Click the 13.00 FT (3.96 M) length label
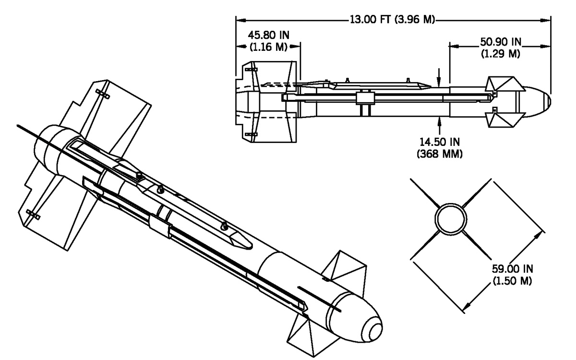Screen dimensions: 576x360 point(392,20)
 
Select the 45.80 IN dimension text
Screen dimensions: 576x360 point(269,35)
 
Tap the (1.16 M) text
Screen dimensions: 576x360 point(268,47)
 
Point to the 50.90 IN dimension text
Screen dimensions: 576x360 point(501,42)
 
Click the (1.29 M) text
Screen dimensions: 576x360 point(500,54)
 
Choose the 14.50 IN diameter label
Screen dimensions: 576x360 point(440,142)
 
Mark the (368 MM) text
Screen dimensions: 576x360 point(440,154)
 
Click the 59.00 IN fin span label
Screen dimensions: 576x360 point(513,269)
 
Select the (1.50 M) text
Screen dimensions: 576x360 point(512,280)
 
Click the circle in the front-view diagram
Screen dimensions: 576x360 point(451,204)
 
